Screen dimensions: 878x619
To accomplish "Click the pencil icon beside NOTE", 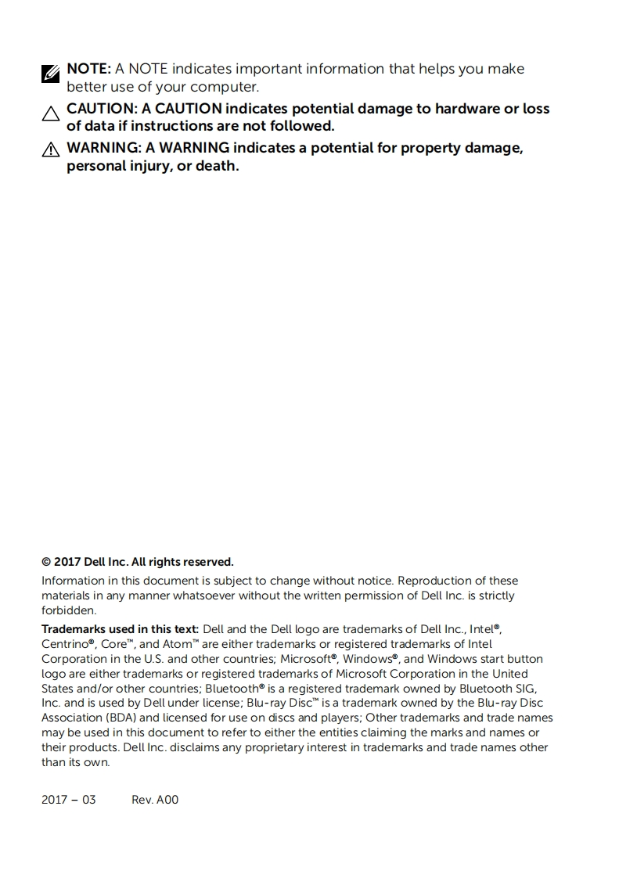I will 50,74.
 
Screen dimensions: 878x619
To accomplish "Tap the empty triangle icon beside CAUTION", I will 50,114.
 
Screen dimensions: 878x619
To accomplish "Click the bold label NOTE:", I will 89,69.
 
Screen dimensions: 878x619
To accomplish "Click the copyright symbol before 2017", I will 46,562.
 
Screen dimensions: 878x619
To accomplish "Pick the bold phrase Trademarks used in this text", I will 121,628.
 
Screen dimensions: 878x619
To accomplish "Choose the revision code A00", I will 167,800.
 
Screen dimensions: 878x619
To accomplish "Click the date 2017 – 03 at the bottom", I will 69,800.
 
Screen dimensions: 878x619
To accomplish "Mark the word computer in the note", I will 223,86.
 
